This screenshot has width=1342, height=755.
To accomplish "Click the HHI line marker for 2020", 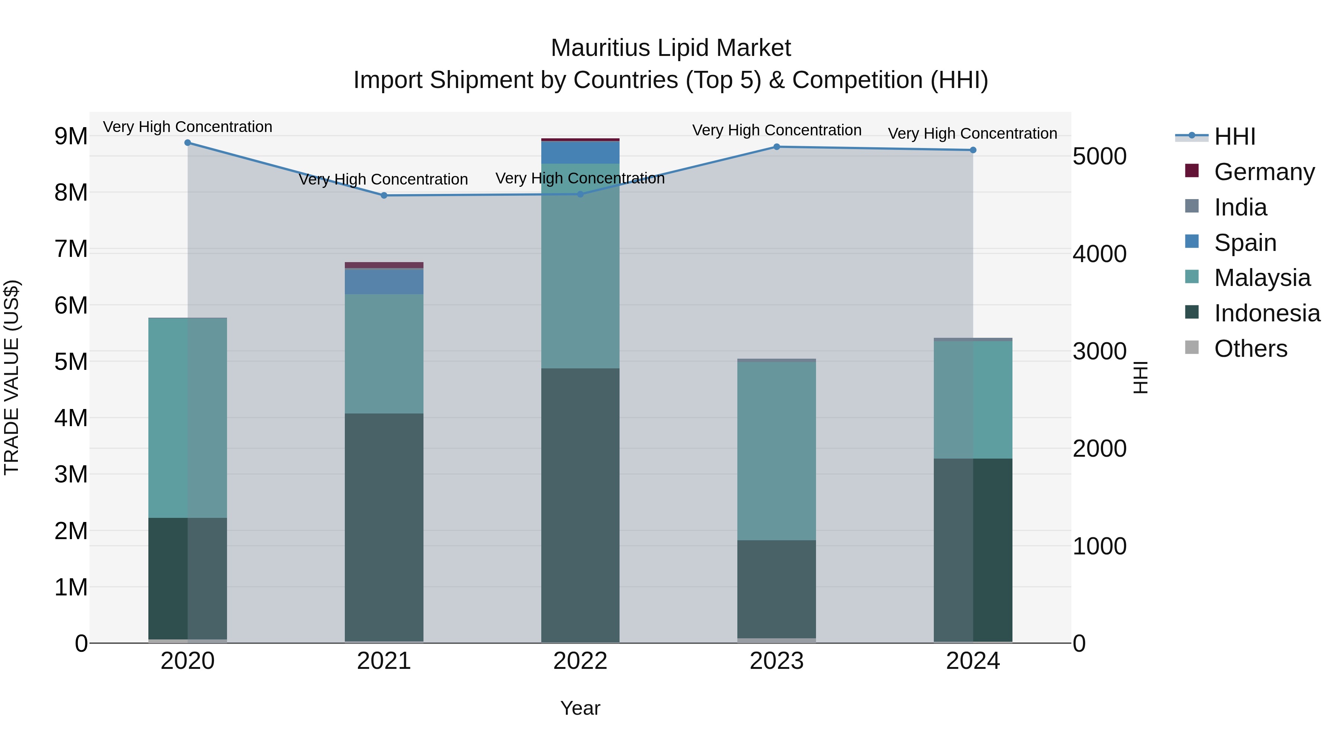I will coord(188,143).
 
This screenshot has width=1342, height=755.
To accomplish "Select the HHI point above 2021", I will coord(384,195).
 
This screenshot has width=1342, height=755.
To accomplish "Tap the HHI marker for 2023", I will coord(776,147).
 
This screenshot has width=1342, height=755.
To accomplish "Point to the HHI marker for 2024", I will coord(973,150).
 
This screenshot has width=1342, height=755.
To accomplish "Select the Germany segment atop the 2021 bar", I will coord(384,265).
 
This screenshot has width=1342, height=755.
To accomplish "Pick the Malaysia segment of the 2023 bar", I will coord(776,451).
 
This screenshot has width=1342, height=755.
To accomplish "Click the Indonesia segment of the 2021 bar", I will coord(384,526).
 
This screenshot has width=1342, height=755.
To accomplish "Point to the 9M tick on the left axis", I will coord(71,136).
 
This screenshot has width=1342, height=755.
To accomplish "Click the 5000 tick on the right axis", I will coord(1099,156).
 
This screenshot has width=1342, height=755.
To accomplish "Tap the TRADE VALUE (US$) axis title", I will coord(12,377).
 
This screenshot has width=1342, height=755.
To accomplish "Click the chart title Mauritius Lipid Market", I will coord(671,48).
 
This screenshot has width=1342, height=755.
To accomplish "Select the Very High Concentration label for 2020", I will coord(188,127).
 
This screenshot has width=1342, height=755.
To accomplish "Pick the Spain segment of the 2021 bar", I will coord(384,281).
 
